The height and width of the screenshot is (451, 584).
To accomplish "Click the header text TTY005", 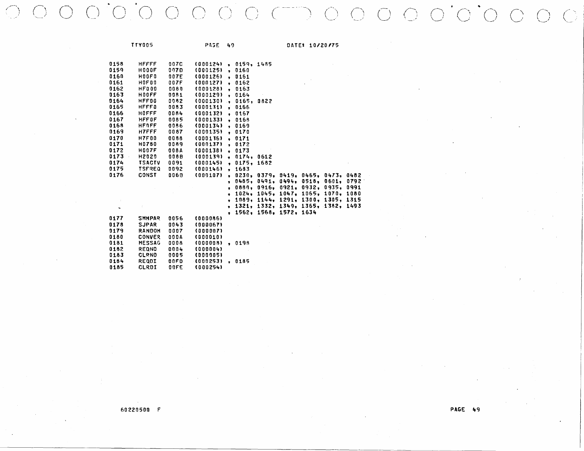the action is [142, 45].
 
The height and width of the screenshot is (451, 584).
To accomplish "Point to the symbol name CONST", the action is [147, 175].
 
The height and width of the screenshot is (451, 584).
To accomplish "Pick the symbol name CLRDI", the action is [147, 268].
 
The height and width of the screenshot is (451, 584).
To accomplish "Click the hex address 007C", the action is [175, 64].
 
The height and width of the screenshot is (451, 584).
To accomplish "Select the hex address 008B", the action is [175, 157].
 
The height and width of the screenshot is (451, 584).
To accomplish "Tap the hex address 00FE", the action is [175, 268].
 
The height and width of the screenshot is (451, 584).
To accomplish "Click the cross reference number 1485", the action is [264, 64].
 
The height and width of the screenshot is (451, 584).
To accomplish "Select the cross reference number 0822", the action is [264, 101].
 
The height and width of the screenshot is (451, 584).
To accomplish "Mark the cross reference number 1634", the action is [309, 212].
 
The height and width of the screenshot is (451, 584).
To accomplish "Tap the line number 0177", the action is [116, 218].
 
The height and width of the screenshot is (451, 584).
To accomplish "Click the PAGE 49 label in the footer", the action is [465, 409].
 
